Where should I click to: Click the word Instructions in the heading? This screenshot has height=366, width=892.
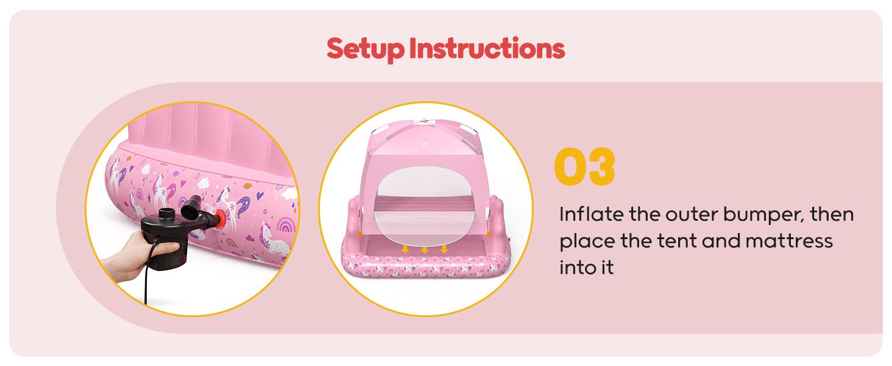(487, 48)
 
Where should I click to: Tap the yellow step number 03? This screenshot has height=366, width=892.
(584, 166)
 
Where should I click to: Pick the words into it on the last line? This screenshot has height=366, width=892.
(586, 267)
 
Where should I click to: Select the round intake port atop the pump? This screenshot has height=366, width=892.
(165, 215)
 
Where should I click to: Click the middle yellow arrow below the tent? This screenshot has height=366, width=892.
(425, 249)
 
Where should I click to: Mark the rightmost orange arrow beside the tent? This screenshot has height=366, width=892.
(489, 234)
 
